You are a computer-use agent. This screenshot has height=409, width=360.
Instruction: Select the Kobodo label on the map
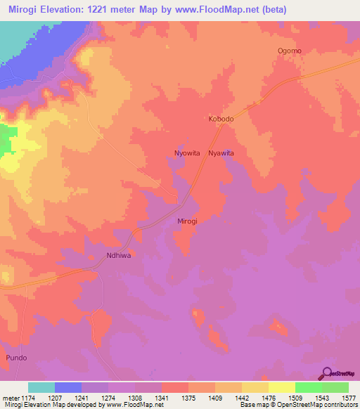tap(221, 119)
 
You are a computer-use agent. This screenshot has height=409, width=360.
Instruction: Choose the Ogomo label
tap(290, 51)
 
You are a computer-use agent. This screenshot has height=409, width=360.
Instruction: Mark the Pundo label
tap(16, 358)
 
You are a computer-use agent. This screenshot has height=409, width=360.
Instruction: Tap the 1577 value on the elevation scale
tap(347, 398)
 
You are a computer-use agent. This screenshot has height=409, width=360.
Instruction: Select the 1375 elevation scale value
tap(188, 398)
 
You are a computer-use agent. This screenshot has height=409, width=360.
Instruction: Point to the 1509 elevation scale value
tap(294, 398)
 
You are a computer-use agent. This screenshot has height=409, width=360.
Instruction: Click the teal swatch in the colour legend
tap(41, 387)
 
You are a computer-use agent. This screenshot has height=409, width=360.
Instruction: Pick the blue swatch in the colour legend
tap(68, 387)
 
